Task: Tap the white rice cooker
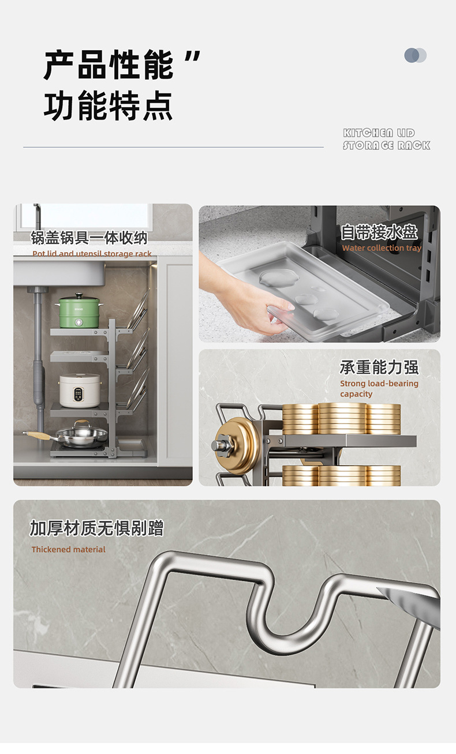[80, 390]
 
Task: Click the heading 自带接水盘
[379, 232]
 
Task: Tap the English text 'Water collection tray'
[382, 248]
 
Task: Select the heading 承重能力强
[379, 367]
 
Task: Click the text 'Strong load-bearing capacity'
[379, 388]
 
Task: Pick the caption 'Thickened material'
[68, 549]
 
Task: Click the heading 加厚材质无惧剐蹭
[96, 528]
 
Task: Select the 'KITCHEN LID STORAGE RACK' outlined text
[386, 138]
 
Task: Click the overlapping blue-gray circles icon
[415, 55]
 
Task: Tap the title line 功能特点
[108, 106]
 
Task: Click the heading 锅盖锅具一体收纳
[89, 238]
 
